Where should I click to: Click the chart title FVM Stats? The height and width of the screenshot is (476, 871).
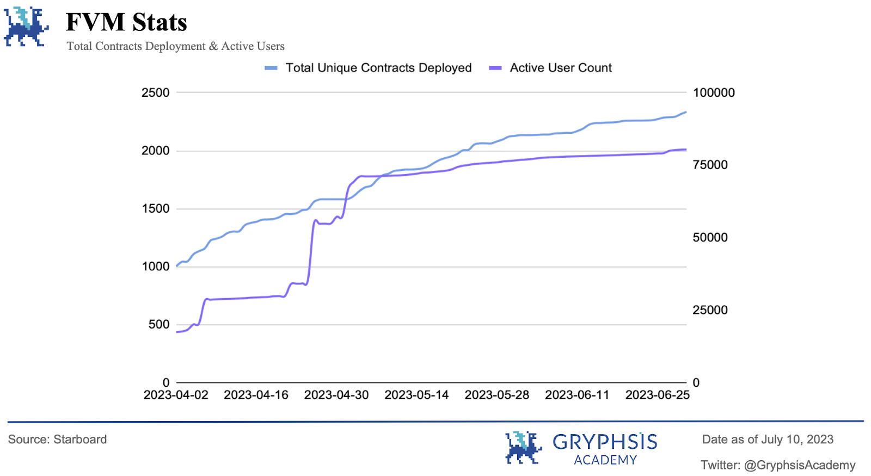126,22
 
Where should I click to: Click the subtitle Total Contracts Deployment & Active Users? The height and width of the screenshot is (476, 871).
175,46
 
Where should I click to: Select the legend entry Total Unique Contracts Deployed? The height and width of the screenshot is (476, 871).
378,68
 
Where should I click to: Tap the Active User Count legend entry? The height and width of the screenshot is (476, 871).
560,68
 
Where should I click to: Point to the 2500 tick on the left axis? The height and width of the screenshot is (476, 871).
155,93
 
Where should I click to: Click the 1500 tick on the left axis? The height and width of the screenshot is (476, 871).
155,209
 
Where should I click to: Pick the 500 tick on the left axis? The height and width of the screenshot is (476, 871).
158,325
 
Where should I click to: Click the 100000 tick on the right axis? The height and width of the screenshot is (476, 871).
713,93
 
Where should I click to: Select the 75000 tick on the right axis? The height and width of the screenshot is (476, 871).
710,165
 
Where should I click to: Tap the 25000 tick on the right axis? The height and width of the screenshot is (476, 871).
710,310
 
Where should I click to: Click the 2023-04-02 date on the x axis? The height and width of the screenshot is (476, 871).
176,395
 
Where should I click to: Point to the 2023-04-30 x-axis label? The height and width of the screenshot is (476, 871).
336,395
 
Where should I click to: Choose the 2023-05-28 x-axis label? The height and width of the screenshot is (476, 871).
496,395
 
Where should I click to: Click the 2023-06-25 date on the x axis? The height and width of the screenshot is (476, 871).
657,395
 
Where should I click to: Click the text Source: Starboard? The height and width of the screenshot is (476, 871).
57,440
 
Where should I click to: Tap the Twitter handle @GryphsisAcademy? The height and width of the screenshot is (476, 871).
799,466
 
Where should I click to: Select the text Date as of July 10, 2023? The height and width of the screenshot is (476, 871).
768,440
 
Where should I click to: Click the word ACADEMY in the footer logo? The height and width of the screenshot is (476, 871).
605,460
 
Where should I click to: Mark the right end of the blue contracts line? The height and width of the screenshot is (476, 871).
685,112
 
